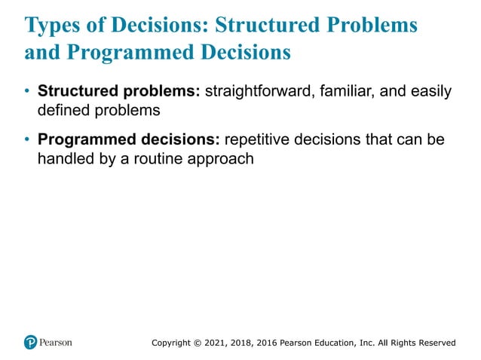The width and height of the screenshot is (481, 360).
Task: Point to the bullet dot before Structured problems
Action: click(x=28, y=92)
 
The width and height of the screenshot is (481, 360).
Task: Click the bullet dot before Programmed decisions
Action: click(x=28, y=141)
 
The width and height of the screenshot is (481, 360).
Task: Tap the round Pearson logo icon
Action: click(x=30, y=342)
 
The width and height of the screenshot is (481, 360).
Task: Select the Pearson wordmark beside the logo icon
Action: click(x=57, y=342)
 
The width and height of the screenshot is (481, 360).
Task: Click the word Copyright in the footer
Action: click(x=172, y=343)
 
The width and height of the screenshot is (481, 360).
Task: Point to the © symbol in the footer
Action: click(x=201, y=343)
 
